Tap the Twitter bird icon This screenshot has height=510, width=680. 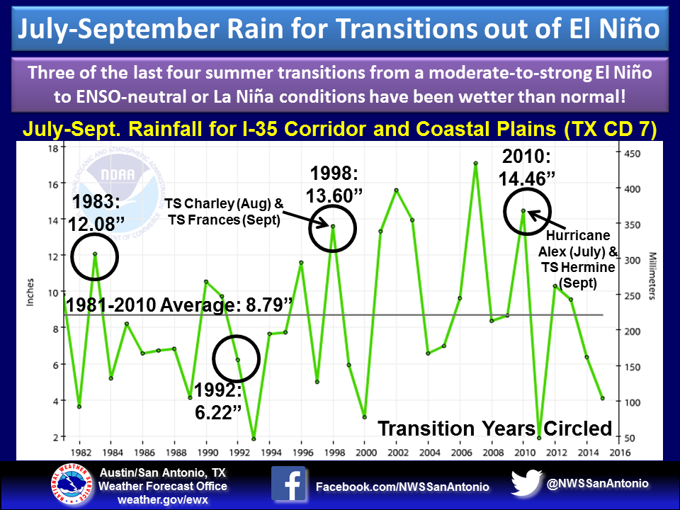point(526,483)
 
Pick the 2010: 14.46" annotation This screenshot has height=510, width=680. point(527,168)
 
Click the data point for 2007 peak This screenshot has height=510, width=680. point(476,164)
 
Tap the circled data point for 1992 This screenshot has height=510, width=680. point(238,360)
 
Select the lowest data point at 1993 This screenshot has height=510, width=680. point(254,438)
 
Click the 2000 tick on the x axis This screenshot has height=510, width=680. point(364,451)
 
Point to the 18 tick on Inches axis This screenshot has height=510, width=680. point(52,149)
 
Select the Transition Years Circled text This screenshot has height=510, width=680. point(494,428)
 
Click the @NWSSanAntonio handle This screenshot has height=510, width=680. point(597,483)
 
